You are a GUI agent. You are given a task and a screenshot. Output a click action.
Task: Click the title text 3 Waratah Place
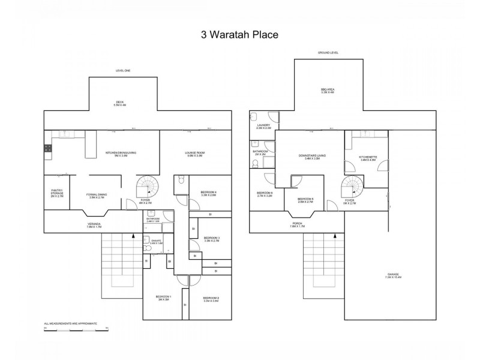(239, 34)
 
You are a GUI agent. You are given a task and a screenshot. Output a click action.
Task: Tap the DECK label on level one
(120, 103)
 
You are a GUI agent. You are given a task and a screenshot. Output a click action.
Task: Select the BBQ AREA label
(327, 91)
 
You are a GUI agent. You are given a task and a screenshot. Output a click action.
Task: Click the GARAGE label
(393, 275)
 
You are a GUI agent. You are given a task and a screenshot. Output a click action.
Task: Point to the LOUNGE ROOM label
(195, 154)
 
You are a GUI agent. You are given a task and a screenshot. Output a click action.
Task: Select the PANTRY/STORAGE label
(57, 193)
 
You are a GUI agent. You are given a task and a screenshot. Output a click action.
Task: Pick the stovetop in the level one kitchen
(47, 148)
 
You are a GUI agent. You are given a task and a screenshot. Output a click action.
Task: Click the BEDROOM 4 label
(208, 193)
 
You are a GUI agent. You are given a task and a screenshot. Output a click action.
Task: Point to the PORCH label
(298, 225)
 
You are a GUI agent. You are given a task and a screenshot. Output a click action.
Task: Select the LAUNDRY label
(263, 127)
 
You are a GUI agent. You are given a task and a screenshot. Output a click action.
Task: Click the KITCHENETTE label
(368, 158)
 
